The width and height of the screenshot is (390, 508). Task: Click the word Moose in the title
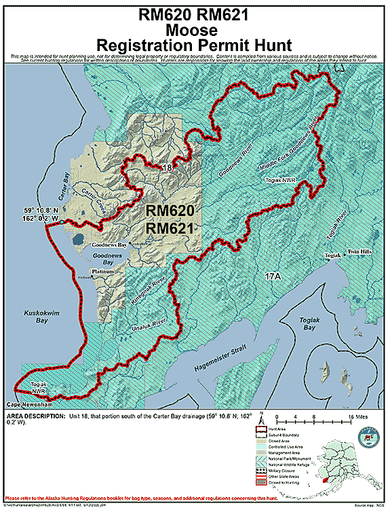click(195, 30)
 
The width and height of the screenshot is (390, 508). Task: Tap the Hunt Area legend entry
click(291, 430)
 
